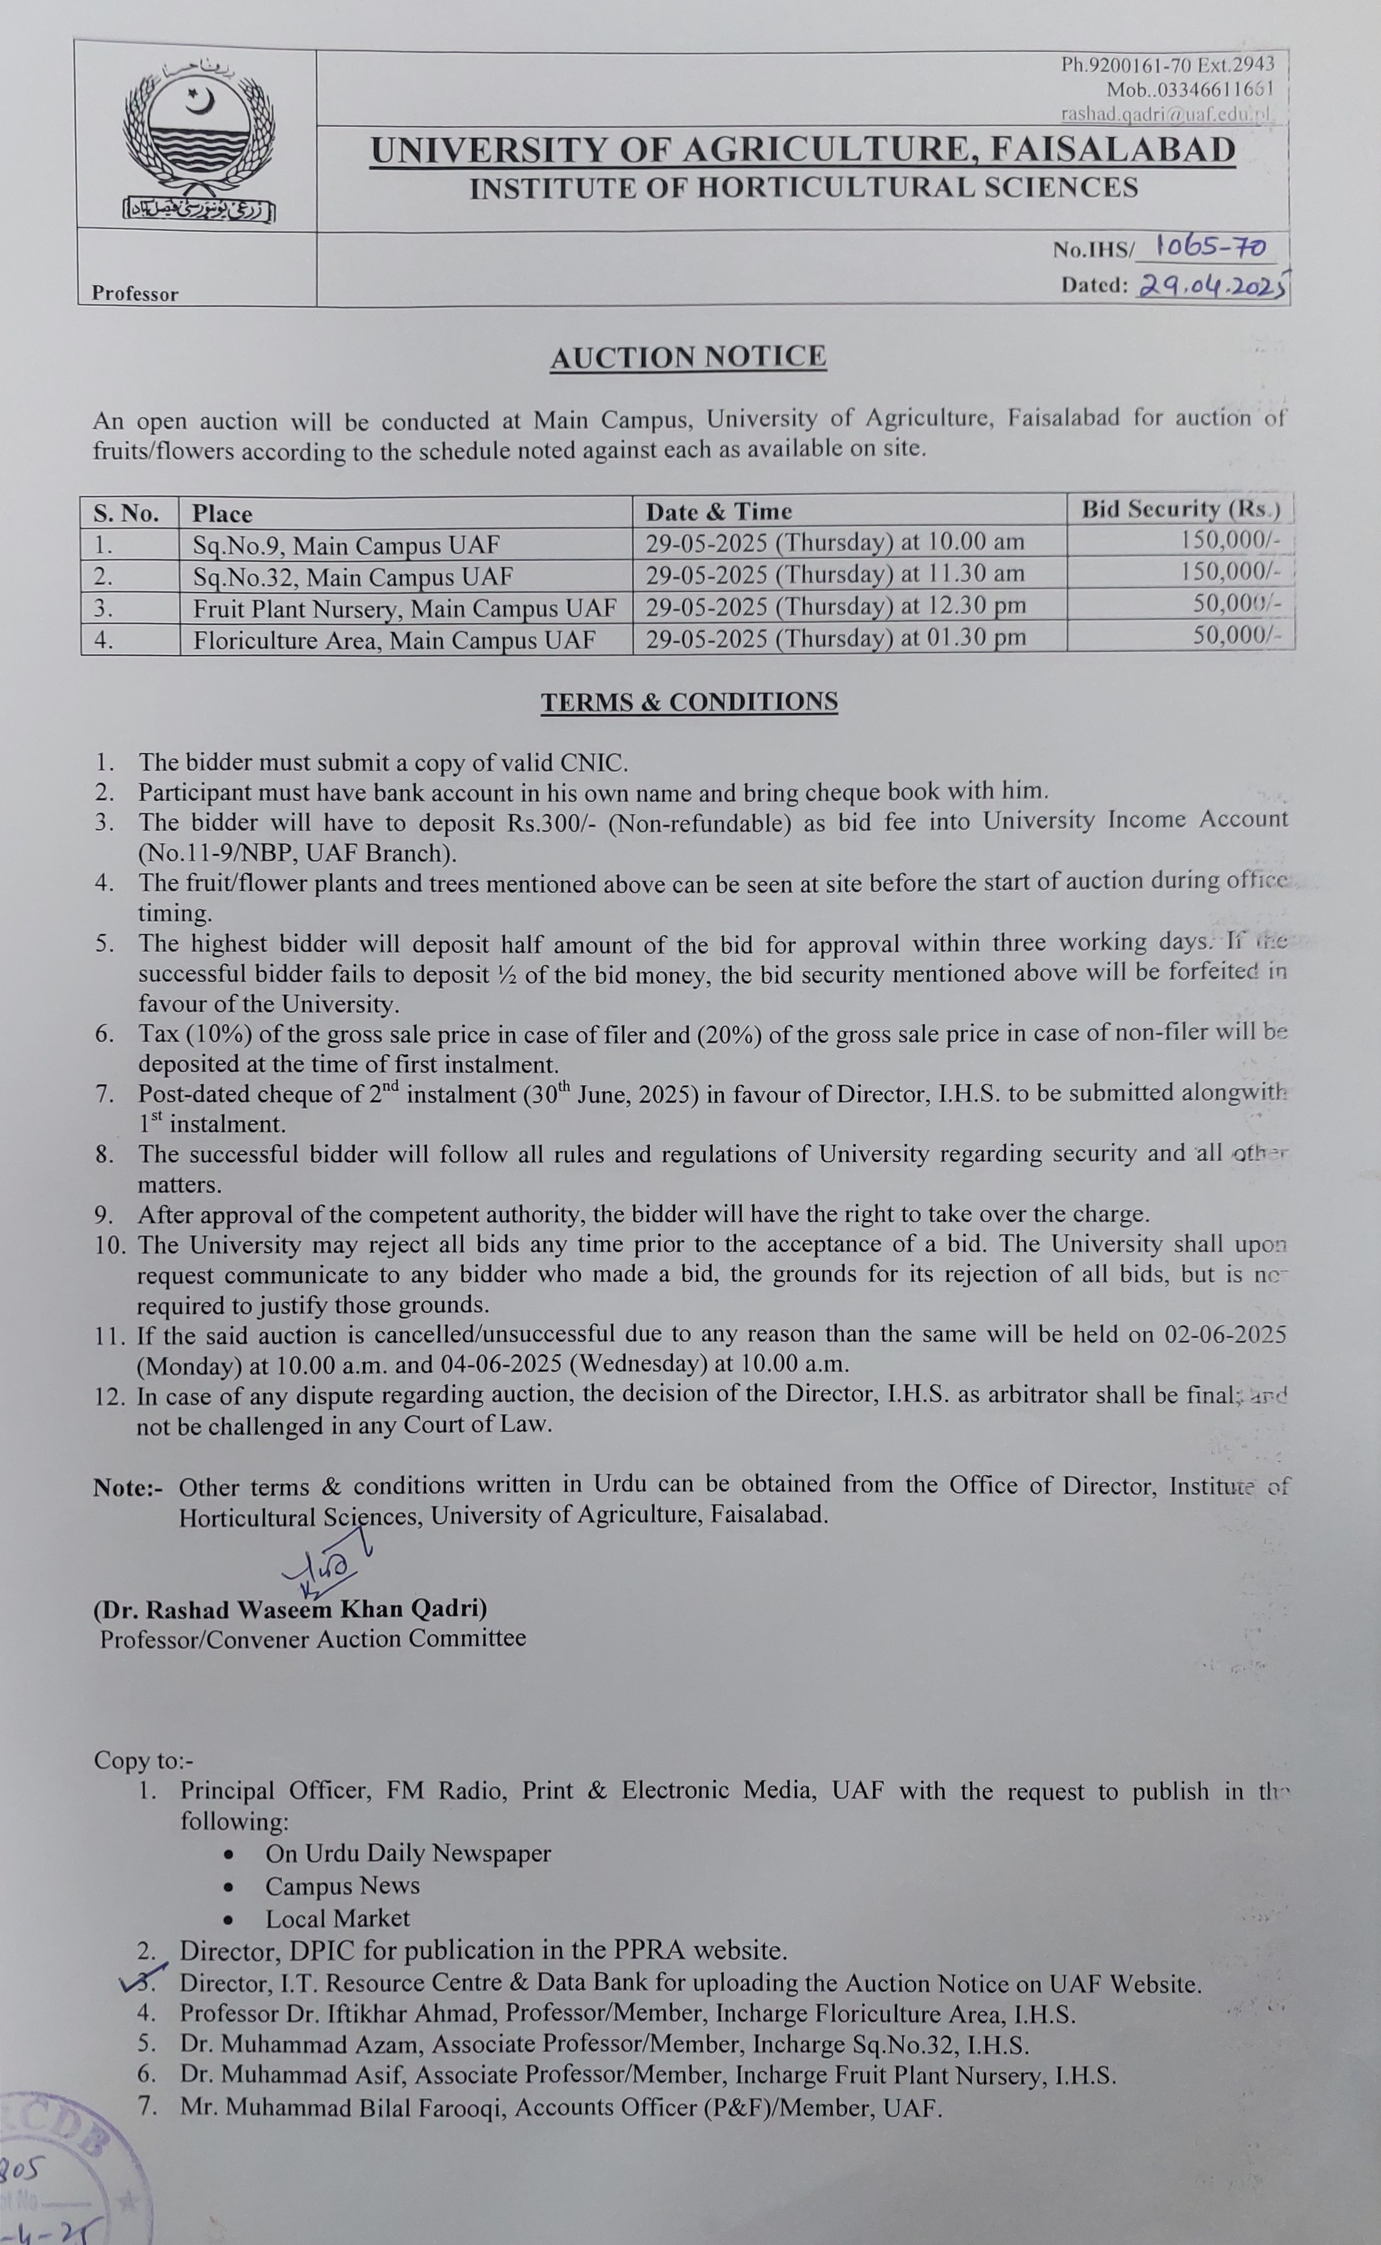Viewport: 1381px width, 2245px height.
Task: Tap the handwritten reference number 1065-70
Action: (1209, 247)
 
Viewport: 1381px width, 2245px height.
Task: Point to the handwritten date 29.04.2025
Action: (1212, 286)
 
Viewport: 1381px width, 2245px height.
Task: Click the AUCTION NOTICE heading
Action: (688, 357)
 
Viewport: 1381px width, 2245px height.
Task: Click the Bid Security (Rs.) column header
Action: (1180, 509)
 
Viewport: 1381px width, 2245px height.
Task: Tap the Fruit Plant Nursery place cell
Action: (405, 608)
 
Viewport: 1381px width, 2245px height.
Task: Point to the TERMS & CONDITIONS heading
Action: (689, 702)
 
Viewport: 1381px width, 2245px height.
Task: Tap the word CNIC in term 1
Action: (596, 763)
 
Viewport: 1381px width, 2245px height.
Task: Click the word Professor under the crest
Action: (135, 294)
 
